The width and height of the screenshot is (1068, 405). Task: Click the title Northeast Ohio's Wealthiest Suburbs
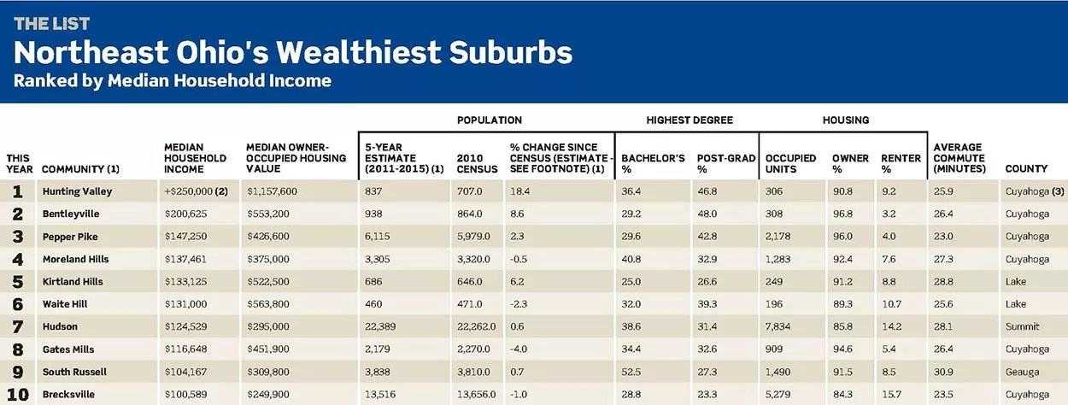coord(293,52)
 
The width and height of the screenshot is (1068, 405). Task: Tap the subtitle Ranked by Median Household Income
coord(172,80)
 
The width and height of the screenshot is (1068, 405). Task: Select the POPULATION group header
coord(490,120)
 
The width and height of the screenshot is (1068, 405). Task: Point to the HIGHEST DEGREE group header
coord(690,120)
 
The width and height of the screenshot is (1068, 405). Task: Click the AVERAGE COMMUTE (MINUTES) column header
coord(959,158)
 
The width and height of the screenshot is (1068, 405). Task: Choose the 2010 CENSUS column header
coord(477,163)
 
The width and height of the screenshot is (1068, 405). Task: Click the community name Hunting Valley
coord(77,191)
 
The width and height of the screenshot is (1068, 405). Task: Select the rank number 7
coord(18,326)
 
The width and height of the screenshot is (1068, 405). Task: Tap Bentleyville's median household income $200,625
coord(186,214)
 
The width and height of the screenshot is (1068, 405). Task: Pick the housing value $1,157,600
coord(272,191)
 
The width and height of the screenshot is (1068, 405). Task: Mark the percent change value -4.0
coord(519,349)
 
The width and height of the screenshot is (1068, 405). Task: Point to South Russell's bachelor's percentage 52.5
coord(631,372)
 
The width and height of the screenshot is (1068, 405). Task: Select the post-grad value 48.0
coord(707,214)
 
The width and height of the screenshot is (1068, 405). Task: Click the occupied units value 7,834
coord(778,326)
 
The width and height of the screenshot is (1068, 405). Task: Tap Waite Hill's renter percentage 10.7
coord(891,304)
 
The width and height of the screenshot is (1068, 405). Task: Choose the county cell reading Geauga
coord(1022,372)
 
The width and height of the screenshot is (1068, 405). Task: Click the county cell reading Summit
coord(1022,326)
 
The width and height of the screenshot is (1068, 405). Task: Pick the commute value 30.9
coord(943,372)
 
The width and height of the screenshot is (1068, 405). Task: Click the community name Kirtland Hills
coord(73,281)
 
